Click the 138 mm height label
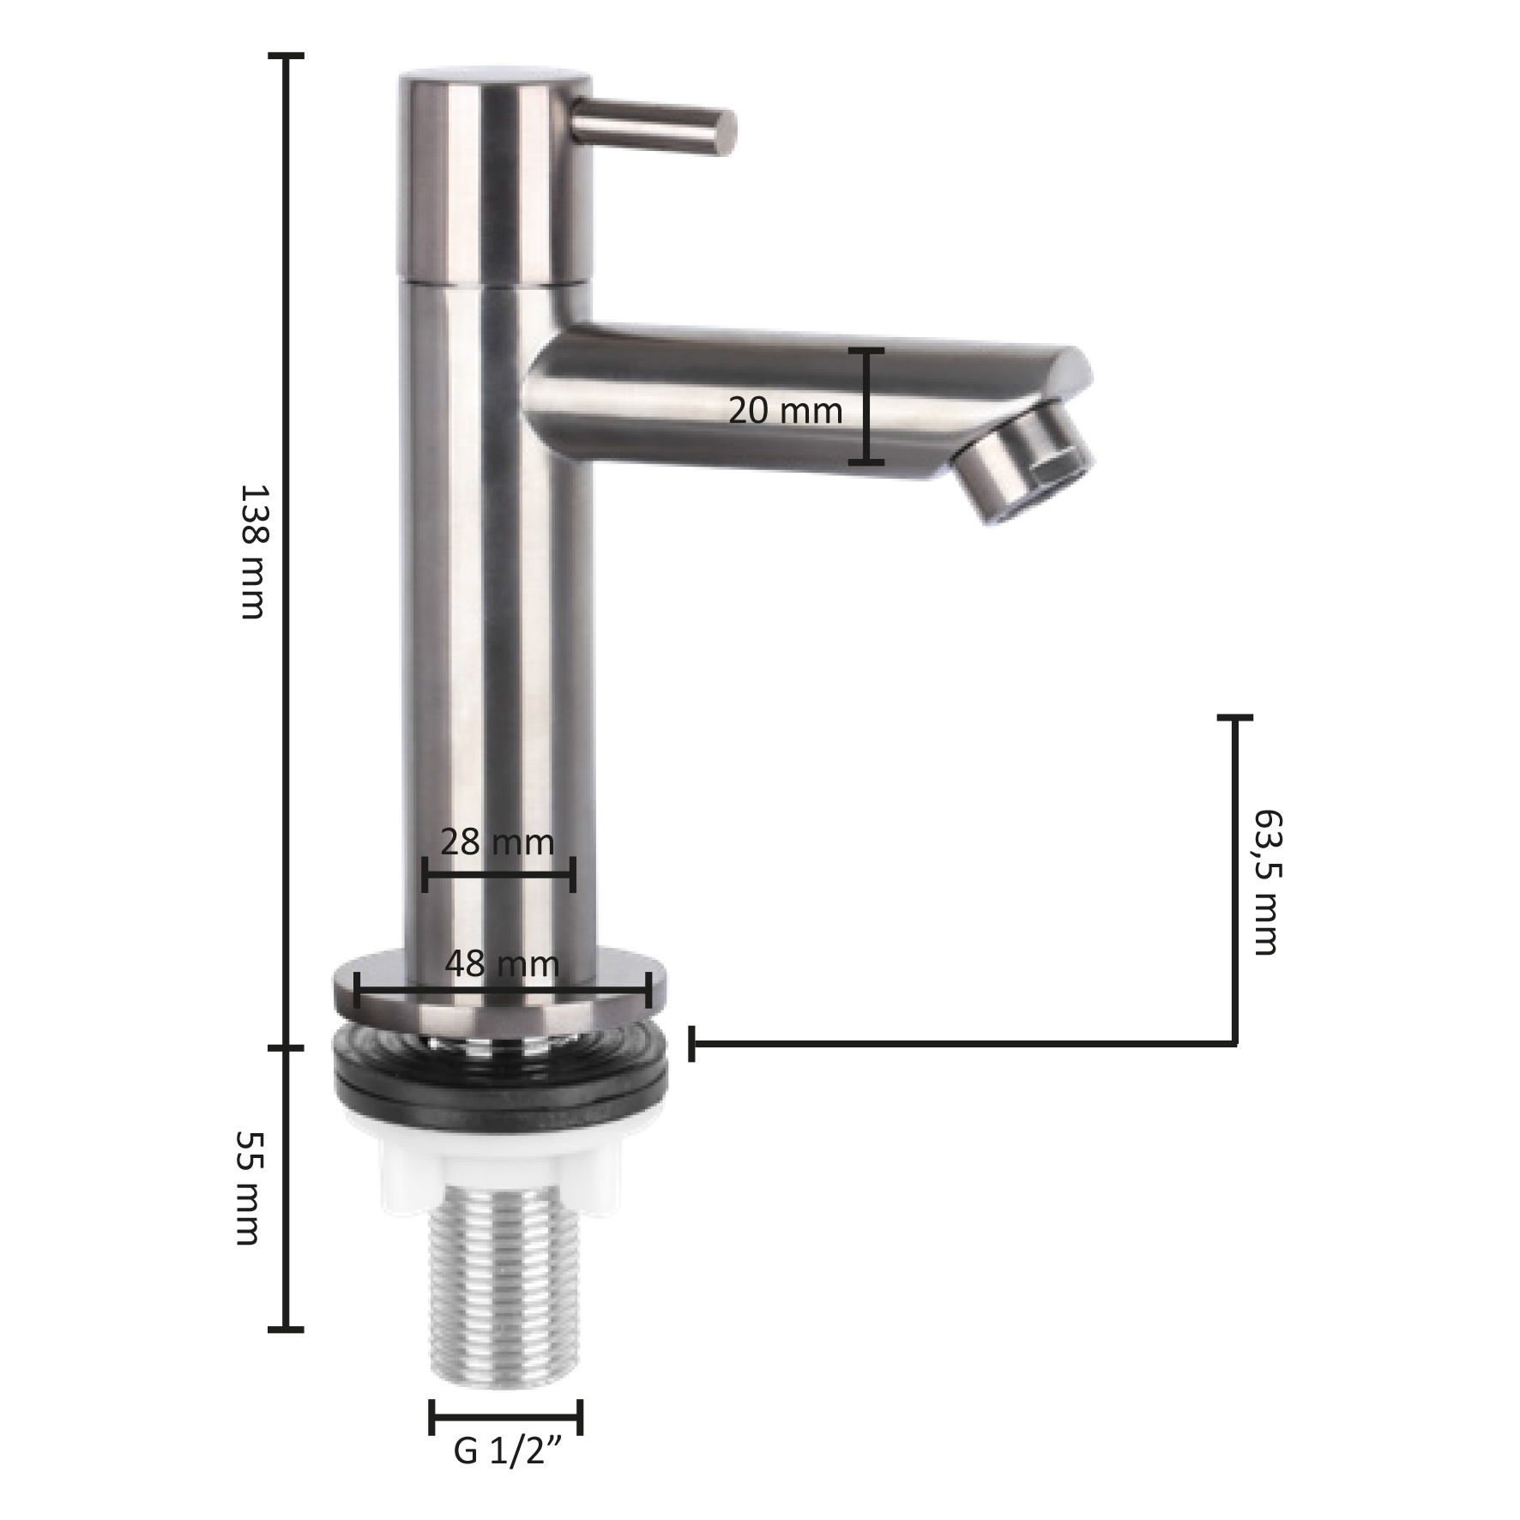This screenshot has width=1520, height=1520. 254,551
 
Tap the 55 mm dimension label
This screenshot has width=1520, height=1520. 249,1187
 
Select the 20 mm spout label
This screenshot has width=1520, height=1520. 786,411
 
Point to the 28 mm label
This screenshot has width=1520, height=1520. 498,842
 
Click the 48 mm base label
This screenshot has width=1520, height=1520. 502,964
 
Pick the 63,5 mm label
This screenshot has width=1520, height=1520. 1266,881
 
